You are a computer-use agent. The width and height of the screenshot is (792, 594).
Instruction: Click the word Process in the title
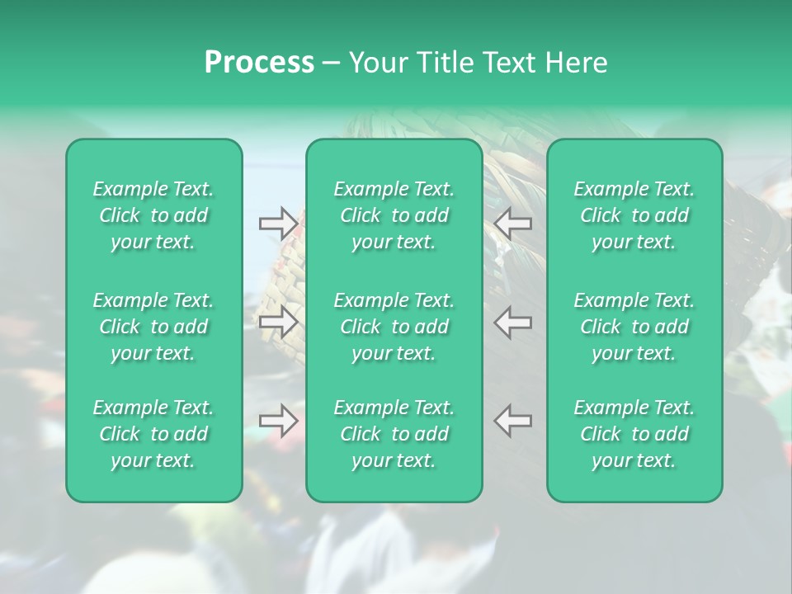259,63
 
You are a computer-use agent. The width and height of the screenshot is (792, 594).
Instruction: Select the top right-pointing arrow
278,223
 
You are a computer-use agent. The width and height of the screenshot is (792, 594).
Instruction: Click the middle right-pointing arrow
278,322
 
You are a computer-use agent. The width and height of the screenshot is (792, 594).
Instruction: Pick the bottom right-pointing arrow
278,421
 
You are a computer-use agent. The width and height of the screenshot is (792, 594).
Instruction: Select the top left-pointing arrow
513,223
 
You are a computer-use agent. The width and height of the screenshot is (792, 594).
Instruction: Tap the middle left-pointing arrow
513,322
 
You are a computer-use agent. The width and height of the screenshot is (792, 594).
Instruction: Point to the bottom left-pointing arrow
513,421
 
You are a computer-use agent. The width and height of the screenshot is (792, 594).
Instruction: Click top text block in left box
153,215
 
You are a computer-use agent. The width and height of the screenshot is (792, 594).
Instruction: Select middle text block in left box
153,327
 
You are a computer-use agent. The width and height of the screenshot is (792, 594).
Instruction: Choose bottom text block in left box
153,434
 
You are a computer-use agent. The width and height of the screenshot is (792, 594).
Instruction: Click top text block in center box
394,215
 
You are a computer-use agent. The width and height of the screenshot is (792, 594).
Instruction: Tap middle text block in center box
394,327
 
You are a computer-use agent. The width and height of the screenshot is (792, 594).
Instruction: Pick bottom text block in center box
394,434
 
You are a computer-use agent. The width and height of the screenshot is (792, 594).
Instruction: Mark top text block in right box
634,215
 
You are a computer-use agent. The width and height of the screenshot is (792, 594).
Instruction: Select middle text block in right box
634,327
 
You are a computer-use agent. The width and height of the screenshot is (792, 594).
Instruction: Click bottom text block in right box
634,434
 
